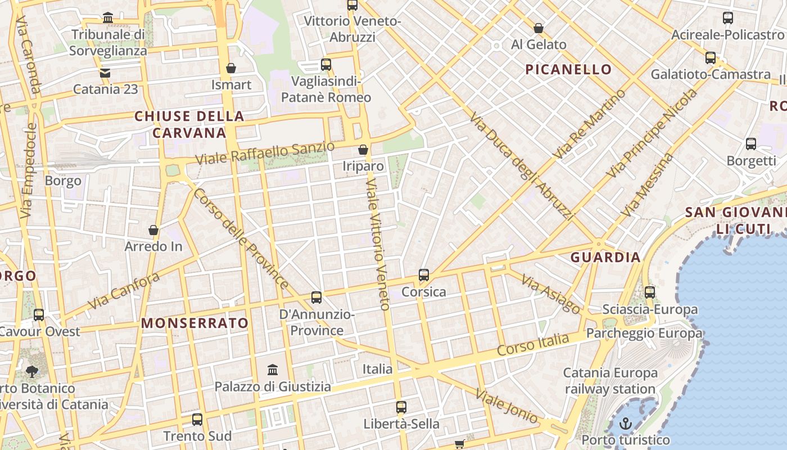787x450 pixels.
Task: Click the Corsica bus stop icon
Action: pos(424,275)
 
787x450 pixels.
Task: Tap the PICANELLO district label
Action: pos(568,69)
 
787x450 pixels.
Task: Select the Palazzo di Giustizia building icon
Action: pos(273,370)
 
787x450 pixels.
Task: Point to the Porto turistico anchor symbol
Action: pos(625,424)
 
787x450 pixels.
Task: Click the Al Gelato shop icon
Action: pos(539,28)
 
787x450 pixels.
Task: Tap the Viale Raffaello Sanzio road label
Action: pos(265,153)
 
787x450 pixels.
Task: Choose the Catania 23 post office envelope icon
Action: pos(105,73)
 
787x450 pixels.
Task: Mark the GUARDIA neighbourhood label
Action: pos(605,257)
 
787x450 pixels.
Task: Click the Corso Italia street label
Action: pos(533,344)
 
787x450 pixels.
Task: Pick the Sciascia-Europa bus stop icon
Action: pos(650,292)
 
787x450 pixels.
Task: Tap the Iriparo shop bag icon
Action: pos(363,150)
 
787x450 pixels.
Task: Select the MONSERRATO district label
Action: pos(195,323)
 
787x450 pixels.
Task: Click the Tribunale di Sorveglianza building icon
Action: pos(108,18)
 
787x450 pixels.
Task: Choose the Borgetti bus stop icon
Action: pos(751,144)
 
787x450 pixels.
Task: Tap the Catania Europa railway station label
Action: pos(610,381)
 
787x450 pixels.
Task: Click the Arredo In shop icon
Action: pos(153,230)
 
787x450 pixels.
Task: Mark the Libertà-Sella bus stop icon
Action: pos(401,407)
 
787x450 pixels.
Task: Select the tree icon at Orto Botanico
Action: pos(32,371)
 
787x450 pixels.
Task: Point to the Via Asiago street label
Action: pos(550,294)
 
